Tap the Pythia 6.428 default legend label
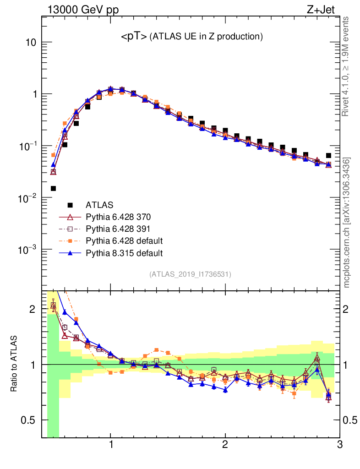[x=124, y=240]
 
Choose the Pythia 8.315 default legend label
[x=124, y=252]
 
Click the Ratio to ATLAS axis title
[x=14, y=364]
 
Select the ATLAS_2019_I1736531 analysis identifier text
[x=190, y=274]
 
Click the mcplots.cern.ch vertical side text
[x=347, y=222]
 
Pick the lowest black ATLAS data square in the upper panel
[x=54, y=188]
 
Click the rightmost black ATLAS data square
[x=328, y=156]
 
